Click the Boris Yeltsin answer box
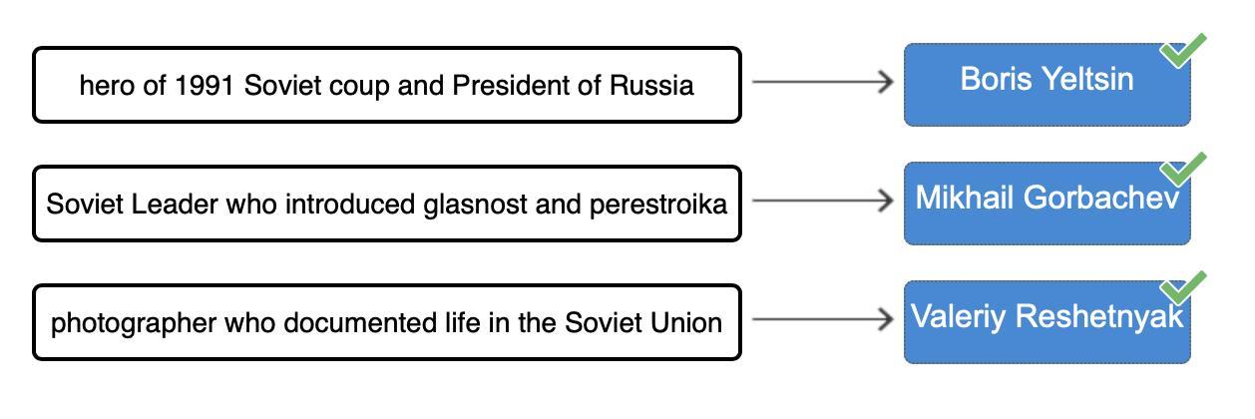click(x=1046, y=85)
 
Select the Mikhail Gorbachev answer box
click(x=1046, y=204)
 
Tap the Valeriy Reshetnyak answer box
click(x=1046, y=322)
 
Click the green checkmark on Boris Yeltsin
click(x=1183, y=51)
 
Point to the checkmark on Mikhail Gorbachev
click(x=1183, y=170)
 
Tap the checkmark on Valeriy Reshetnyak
click(x=1183, y=288)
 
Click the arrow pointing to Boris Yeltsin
click(x=822, y=82)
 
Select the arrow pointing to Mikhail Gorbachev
click(x=822, y=201)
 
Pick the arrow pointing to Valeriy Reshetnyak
click(x=822, y=319)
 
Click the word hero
click(x=106, y=86)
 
